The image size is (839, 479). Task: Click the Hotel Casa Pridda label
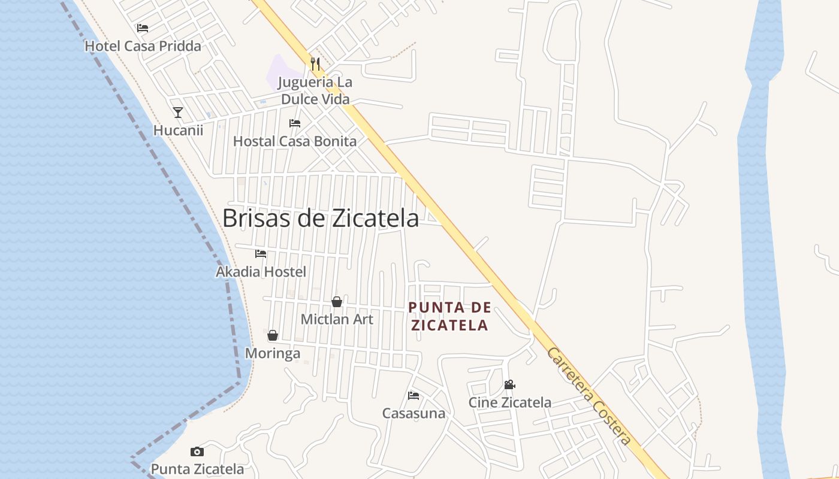pos(143,46)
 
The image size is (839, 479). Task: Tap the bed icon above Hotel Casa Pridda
pos(143,28)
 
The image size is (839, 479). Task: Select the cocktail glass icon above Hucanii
pos(178,113)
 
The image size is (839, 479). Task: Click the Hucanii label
pos(178,130)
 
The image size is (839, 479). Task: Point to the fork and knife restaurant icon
pos(315,63)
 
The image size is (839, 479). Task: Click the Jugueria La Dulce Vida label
pos(315,90)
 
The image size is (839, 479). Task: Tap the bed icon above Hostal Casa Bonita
pos(295,123)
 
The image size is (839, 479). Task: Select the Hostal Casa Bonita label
pos(295,141)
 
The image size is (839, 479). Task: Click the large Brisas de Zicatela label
pos(321,218)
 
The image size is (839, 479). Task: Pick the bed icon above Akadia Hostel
pos(261,254)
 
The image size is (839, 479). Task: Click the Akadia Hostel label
pos(261,272)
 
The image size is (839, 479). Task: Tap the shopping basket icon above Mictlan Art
pos(337,302)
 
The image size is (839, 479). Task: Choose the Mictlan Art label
pos(337,319)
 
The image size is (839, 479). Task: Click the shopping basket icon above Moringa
pos(273,335)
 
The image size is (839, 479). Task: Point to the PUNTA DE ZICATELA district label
pos(449,317)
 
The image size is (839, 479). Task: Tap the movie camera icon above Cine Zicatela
pos(509,384)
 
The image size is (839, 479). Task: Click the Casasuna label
pos(414,413)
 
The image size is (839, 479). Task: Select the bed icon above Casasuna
pos(414,396)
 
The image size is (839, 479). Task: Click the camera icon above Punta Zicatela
pos(197,451)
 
